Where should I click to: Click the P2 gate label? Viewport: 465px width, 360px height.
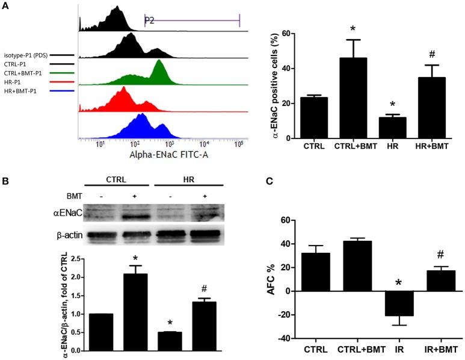(x=150, y=20)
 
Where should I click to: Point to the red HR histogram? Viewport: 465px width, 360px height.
(x=123, y=99)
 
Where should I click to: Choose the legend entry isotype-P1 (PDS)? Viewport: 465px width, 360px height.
(x=26, y=54)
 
